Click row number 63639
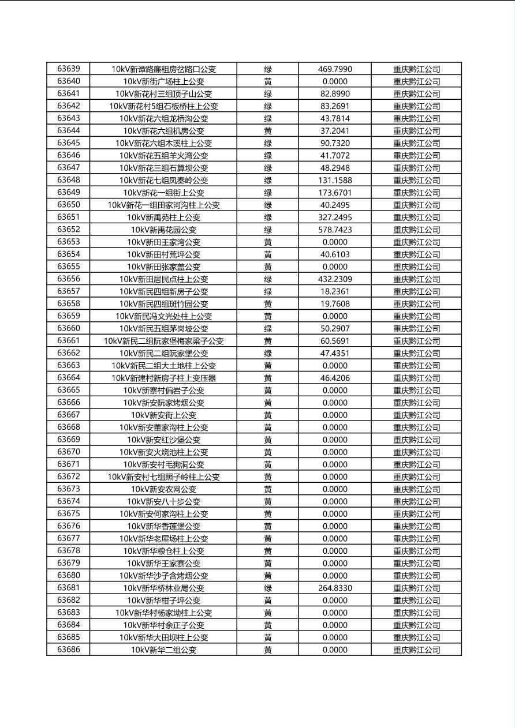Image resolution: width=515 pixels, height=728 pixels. point(69,69)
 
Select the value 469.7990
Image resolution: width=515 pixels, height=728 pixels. point(335,69)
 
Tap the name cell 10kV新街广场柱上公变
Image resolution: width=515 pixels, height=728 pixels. point(163,81)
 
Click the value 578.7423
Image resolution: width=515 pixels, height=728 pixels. point(335,230)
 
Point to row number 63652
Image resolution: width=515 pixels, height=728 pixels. point(69,230)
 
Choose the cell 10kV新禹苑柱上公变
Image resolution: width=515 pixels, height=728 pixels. point(163,217)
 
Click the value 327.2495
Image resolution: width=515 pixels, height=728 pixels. point(335,217)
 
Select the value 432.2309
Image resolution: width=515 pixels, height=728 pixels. point(335,279)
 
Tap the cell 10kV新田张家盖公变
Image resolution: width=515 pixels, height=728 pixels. point(163,267)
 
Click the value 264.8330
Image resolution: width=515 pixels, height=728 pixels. point(335,588)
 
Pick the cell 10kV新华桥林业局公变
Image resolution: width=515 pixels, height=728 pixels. point(163,588)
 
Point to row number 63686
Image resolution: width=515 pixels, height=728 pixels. point(69,650)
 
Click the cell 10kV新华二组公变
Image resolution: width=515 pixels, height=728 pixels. point(163,650)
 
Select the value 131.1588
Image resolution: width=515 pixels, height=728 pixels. point(335,180)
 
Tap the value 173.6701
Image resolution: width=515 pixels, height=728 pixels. point(335,193)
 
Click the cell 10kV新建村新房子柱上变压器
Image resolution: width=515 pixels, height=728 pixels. point(163,378)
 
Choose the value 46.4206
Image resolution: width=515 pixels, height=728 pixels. point(335,378)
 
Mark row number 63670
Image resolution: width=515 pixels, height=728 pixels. point(69,452)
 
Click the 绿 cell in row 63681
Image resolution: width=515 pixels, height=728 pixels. point(268,588)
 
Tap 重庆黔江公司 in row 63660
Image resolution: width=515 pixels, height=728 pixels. point(416,328)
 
